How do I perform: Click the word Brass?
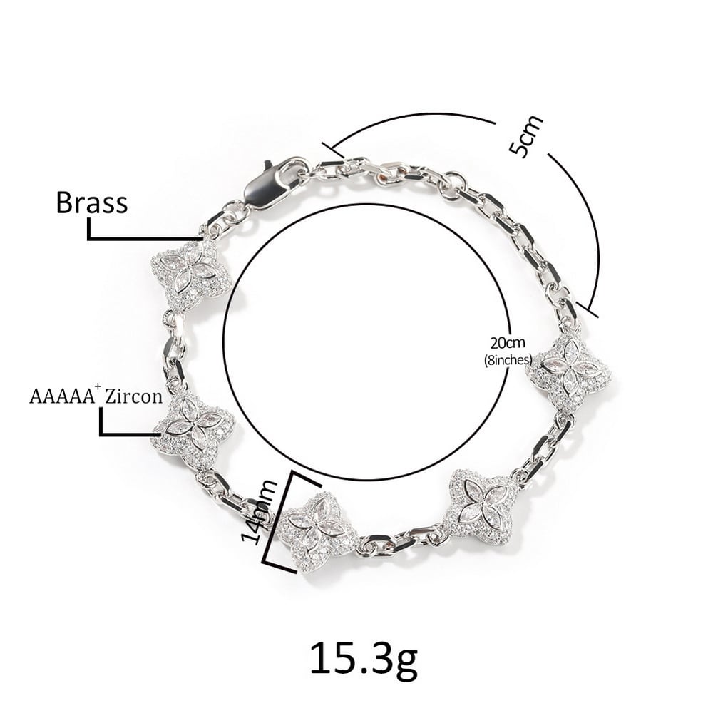click(x=91, y=202)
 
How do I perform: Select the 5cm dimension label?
click(x=525, y=136)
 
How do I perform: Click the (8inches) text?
click(x=508, y=359)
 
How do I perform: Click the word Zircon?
click(x=133, y=396)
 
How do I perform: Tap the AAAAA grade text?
click(x=63, y=396)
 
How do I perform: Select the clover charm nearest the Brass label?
click(x=191, y=275)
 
